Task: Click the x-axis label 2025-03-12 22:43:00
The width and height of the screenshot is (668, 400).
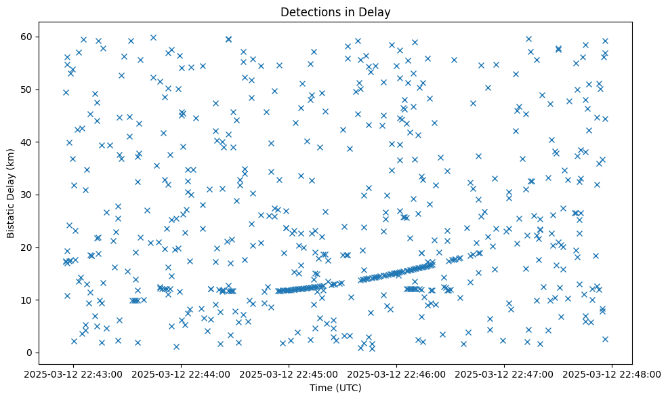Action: coord(74,374)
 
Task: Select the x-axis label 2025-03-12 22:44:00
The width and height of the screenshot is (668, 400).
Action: coord(182,374)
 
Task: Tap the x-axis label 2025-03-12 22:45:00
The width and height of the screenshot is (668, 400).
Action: coord(289,374)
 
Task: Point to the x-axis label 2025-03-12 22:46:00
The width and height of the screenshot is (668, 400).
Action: coord(397,374)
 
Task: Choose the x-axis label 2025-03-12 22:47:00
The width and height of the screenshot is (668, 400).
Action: coord(505,374)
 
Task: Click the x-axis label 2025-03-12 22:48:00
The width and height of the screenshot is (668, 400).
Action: coord(612,374)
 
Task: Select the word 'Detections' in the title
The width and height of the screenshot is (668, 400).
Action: coord(314,12)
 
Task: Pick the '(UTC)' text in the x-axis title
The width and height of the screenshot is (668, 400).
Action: coord(350,388)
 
